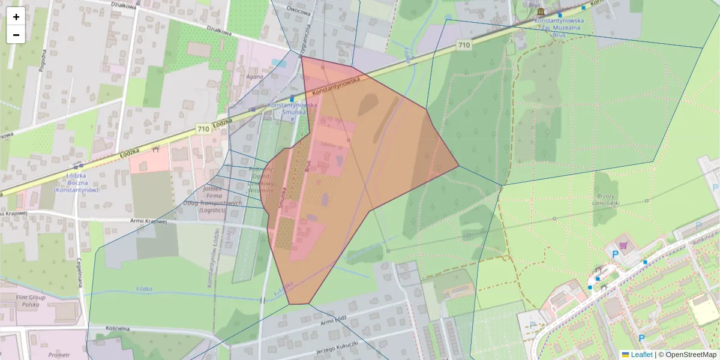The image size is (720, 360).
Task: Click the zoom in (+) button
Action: [x=16, y=17]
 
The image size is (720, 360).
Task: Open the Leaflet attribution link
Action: [x=641, y=355]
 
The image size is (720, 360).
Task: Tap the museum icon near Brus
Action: [x=541, y=12]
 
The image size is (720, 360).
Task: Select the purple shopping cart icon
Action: [x=624, y=245]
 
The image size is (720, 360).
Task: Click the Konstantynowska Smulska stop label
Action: [x=287, y=108]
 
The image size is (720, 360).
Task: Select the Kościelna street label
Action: [x=105, y=329]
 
